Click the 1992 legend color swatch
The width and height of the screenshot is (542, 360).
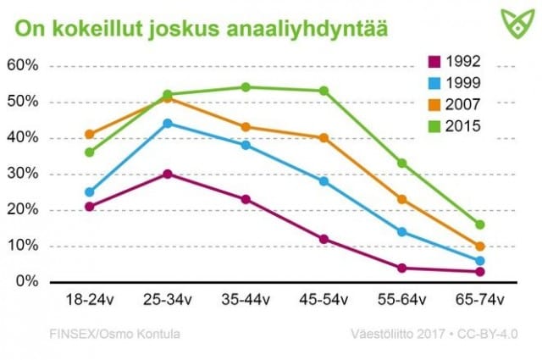434,61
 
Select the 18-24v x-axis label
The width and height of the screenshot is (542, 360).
89,300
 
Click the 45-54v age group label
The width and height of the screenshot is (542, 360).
324,300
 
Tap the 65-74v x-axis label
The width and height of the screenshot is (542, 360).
480,300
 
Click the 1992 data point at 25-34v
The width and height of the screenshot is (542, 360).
168,174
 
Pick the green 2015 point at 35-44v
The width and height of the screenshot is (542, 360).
246,87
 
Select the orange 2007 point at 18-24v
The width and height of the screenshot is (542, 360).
90,134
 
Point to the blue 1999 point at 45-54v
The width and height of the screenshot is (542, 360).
324,180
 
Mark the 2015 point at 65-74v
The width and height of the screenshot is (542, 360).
480,224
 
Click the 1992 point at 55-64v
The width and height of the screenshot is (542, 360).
402,268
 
